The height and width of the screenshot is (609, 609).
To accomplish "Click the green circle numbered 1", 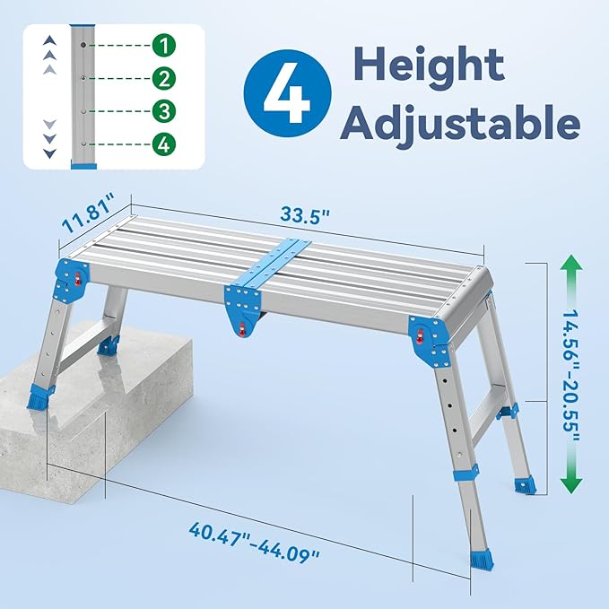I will pyautogui.click(x=164, y=44).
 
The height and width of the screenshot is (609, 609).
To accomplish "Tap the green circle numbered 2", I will pyautogui.click(x=164, y=78).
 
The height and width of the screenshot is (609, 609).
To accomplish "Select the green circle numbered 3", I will pyautogui.click(x=164, y=111).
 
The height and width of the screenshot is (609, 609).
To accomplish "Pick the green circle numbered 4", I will pyautogui.click(x=164, y=144).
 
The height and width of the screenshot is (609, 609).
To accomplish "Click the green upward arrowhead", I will pyautogui.click(x=570, y=266).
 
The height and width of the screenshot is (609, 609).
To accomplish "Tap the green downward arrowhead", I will pyautogui.click(x=570, y=484).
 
